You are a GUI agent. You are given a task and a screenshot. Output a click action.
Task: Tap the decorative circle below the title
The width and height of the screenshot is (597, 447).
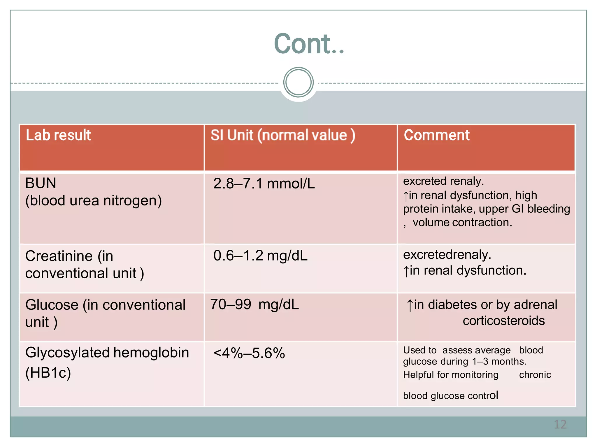point(298,82)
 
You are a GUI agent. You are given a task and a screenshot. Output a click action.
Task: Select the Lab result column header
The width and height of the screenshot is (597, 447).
point(58,135)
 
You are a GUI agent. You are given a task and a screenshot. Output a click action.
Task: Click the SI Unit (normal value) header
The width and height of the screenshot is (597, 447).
point(282,135)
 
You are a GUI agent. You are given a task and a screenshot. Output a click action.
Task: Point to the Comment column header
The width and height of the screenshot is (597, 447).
point(436,135)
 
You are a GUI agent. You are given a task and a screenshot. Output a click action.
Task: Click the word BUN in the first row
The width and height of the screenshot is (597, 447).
point(41,183)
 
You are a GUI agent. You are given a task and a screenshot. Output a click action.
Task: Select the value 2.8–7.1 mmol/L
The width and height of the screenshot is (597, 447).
point(264,184)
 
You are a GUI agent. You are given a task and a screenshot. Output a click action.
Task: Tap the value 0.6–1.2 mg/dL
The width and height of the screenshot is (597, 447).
point(260,256)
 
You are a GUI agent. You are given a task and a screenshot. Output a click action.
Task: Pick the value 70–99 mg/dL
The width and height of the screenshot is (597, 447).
point(254,305)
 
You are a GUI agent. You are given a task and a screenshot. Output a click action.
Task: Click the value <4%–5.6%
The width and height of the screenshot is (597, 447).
point(249,353)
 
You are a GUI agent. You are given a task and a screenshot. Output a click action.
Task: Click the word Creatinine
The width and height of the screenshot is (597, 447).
point(59,256)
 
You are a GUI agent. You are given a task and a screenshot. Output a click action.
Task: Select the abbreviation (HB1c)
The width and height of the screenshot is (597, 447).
point(48,373)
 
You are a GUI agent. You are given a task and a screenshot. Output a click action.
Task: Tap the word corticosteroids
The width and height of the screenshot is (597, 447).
point(503,321)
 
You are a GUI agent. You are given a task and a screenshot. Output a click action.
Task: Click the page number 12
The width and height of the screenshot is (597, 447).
point(560,424)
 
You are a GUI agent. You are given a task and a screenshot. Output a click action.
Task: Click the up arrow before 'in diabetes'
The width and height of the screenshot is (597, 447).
point(410,305)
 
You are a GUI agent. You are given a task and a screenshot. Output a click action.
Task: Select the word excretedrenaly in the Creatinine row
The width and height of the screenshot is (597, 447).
point(447,255)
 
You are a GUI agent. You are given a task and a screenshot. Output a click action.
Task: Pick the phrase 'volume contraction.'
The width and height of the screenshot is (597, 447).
point(462,223)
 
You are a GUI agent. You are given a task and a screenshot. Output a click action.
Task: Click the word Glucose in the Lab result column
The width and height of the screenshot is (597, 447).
point(52,305)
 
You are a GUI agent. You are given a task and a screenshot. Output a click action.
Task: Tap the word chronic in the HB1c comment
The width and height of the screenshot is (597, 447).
point(535,375)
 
